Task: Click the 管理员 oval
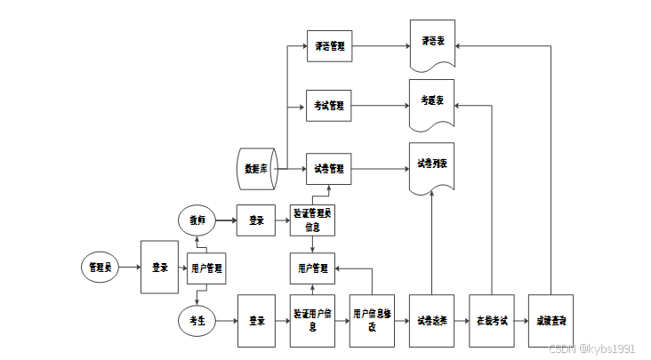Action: pos(99,267)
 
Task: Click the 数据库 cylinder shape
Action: pos(257,168)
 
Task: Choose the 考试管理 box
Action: pos(328,106)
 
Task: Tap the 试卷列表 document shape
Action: pos(432,166)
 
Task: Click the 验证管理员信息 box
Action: pos(312,220)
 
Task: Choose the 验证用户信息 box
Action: pos(312,320)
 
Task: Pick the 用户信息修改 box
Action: pos(372,320)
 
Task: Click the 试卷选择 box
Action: pos(432,320)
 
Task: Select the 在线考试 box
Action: pos(491,320)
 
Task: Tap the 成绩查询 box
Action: pos(551,320)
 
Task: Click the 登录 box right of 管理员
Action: pos(160,267)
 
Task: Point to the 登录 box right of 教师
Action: pos(256,220)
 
